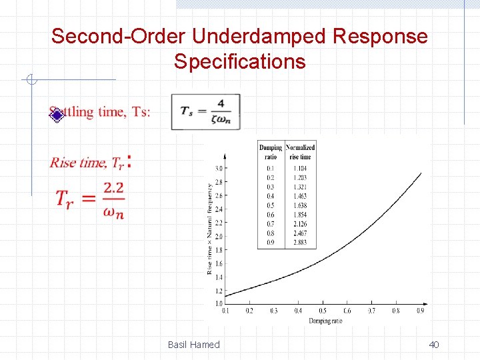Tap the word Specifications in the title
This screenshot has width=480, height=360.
tap(239, 62)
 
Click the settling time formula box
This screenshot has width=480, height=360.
tap(205, 111)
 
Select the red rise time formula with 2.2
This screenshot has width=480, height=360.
tap(91, 198)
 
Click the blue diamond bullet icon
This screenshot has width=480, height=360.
tap(57, 115)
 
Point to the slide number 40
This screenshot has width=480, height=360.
tap(434, 345)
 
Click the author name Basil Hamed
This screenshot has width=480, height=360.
tap(193, 345)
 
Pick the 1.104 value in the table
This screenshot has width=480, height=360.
tap(300, 169)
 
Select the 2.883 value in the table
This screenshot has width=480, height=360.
tap(300, 243)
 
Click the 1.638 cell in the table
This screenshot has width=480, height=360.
tap(300, 205)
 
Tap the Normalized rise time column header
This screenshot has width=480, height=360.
tap(300, 152)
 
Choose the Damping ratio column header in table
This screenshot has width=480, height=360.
tap(271, 152)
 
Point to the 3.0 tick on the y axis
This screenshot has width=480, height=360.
tap(219, 168)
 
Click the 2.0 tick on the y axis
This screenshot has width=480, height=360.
tap(219, 236)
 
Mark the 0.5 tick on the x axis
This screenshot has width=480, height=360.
tap(323, 311)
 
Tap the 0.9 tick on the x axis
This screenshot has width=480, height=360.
tap(421, 311)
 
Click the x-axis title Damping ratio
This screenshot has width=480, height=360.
tap(325, 321)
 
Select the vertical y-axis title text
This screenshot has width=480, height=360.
tap(210, 229)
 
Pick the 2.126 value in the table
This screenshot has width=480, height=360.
tap(300, 224)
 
